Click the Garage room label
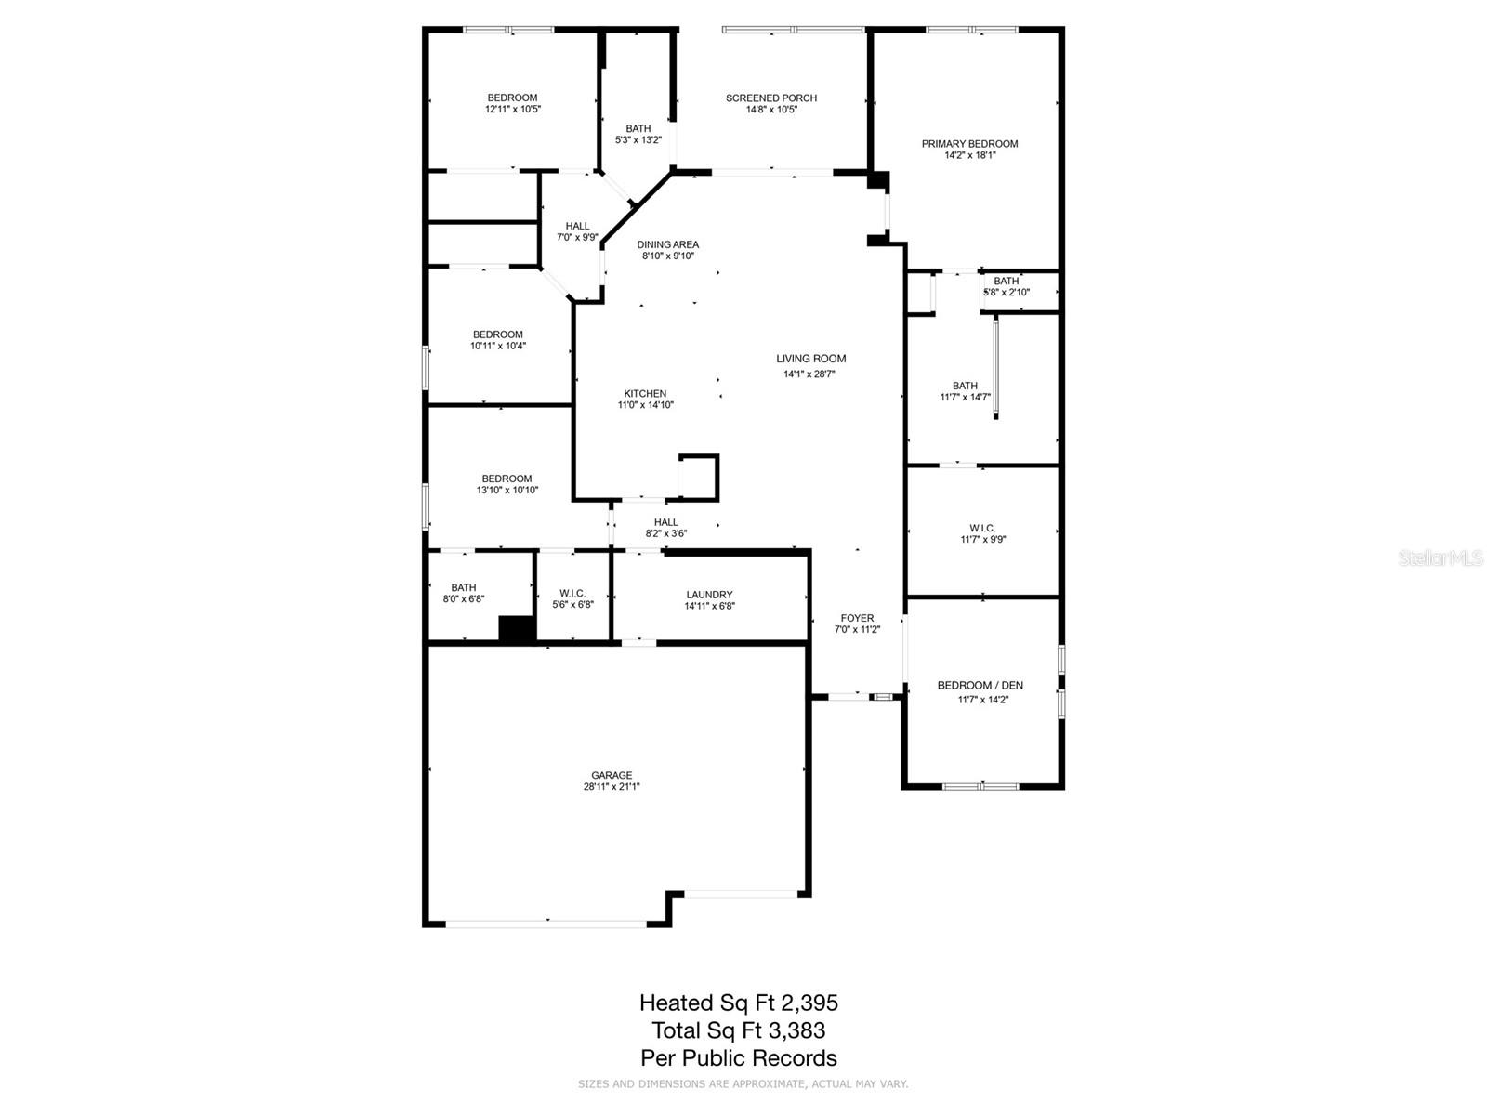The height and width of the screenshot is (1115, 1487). point(612,775)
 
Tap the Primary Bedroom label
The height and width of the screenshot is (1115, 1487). point(969,144)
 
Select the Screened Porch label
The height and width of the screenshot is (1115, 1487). point(771,98)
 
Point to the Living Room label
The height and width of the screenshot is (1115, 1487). point(810,359)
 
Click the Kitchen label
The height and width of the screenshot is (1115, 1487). point(645,394)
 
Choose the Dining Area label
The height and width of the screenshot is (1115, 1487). point(667,244)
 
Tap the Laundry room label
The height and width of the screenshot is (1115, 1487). point(709,595)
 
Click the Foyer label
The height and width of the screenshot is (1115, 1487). point(857,618)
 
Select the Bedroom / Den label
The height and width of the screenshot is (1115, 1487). point(980,686)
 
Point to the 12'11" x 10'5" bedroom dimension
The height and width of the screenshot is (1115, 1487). point(512,110)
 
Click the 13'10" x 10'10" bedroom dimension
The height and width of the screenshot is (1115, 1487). point(507,491)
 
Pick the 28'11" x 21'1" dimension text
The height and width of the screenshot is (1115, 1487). point(612,787)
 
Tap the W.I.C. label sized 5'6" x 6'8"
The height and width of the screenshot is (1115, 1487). point(572,594)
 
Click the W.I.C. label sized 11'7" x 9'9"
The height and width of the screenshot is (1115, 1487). point(982,528)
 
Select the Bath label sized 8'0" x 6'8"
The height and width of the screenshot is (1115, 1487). point(464,587)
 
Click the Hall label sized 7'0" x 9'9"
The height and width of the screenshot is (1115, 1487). point(577,226)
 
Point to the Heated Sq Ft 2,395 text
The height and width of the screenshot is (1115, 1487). point(738,1003)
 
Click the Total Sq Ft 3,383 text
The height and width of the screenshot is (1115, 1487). point(738,1030)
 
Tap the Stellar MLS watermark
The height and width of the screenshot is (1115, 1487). point(1441,558)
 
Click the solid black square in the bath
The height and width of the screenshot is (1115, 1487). point(517,629)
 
